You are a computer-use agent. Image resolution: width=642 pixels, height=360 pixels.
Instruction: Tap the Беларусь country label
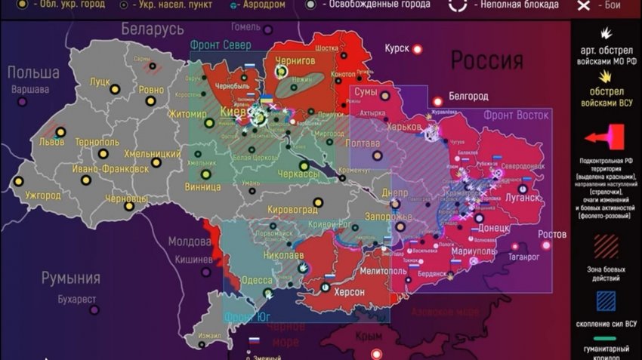(152, 29)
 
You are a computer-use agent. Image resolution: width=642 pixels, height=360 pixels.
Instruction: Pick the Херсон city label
(348, 292)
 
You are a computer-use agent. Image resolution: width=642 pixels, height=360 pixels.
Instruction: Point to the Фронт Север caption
(221, 44)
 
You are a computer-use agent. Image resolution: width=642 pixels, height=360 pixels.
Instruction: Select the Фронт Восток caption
(516, 115)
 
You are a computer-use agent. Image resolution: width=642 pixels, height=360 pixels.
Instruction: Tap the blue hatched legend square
(606, 302)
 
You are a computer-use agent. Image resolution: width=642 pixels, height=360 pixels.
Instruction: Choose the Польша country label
(33, 72)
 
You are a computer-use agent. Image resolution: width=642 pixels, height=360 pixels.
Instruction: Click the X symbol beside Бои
(583, 6)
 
